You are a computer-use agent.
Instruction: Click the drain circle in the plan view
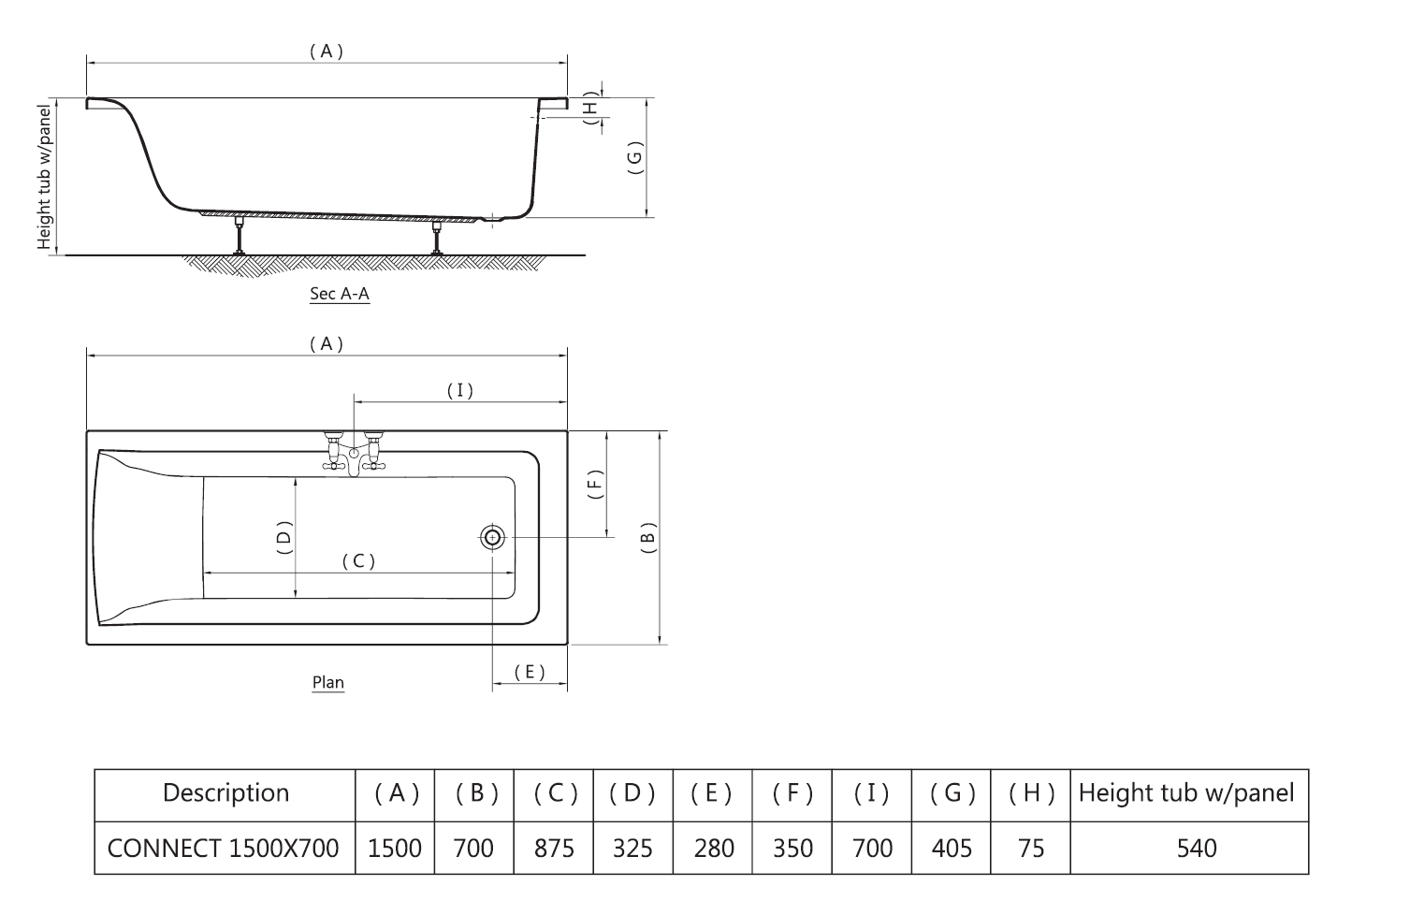click(493, 537)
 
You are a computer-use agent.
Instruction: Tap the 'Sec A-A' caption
click(340, 294)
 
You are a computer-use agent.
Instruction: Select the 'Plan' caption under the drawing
click(328, 682)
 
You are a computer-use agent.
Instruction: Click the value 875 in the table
click(554, 849)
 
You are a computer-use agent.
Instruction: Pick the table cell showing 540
click(1196, 849)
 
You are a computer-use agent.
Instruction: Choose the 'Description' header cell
click(225, 793)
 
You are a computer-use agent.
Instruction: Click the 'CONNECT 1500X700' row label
click(224, 849)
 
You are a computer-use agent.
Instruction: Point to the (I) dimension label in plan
click(459, 391)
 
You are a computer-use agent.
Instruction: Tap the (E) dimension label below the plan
click(530, 672)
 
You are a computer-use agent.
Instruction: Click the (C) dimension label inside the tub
click(358, 561)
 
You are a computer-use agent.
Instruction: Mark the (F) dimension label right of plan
click(595, 484)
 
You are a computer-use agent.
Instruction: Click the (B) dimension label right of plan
click(647, 538)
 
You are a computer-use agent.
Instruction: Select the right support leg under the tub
click(436, 237)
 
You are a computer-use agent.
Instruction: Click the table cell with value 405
click(952, 849)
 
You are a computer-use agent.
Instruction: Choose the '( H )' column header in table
click(1032, 793)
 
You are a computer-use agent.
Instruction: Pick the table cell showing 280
click(714, 849)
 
